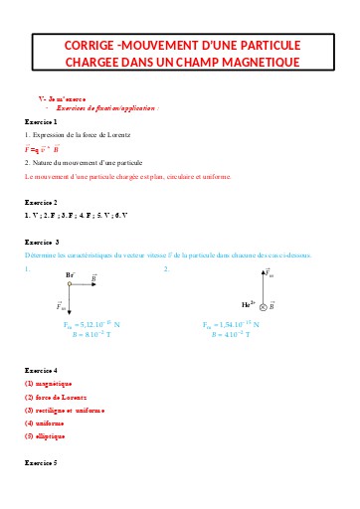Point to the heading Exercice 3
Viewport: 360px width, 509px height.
click(x=42, y=242)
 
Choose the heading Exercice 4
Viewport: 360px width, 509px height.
click(x=41, y=369)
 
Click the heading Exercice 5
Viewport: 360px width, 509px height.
click(x=41, y=463)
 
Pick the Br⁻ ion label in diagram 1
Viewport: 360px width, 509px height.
click(x=71, y=274)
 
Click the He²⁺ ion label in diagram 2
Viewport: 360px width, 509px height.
click(x=249, y=306)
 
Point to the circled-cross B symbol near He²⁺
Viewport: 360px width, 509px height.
click(x=265, y=307)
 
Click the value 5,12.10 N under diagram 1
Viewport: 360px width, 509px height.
click(x=90, y=324)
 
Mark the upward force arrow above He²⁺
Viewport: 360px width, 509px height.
click(x=266, y=282)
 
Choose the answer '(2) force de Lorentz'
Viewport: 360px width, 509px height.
click(x=59, y=397)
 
